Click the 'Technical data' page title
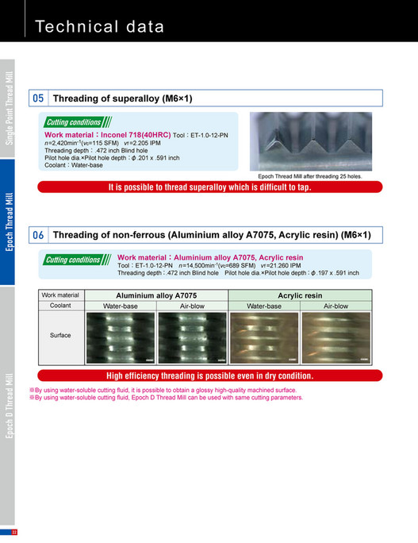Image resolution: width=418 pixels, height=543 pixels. pyautogui.click(x=100, y=26)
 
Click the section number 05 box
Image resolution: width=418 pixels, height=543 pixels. pyautogui.click(x=38, y=98)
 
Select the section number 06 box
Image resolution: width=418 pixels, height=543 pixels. pyautogui.click(x=38, y=235)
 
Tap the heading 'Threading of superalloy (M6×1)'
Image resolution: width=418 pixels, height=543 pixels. pyautogui.click(x=122, y=98)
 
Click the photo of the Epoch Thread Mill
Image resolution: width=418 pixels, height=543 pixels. pyautogui.click(x=315, y=141)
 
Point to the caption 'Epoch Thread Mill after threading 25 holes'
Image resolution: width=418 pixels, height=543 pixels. pyautogui.click(x=315, y=176)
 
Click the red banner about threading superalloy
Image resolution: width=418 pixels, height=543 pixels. pyautogui.click(x=209, y=187)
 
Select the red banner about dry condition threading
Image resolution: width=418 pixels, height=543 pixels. pyautogui.click(x=209, y=375)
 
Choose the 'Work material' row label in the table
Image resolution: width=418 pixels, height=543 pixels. pyautogui.click(x=60, y=295)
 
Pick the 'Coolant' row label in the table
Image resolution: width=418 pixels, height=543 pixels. pyautogui.click(x=60, y=305)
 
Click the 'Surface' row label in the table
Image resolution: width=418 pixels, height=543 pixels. pyautogui.click(x=60, y=336)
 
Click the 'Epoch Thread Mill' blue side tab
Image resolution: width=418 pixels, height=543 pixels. pyautogui.click(x=8, y=221)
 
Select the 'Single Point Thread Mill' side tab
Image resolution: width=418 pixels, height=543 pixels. pyautogui.click(x=8, y=107)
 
